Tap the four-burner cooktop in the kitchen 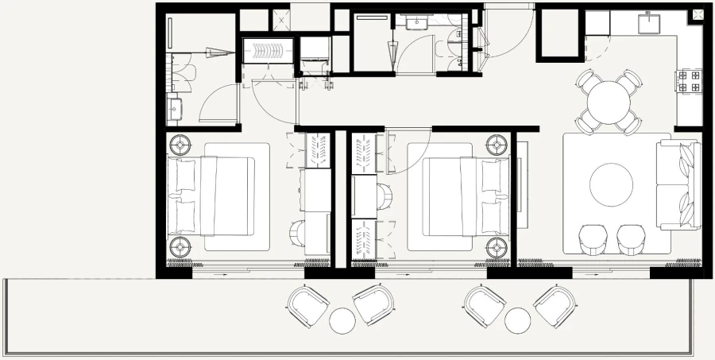688,81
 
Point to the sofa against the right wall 678,184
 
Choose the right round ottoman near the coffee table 632,239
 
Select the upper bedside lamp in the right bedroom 498,145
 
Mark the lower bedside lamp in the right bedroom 498,245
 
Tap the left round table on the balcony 342,320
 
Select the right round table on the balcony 517,320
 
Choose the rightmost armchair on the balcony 554,304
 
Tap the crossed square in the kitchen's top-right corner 698,14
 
